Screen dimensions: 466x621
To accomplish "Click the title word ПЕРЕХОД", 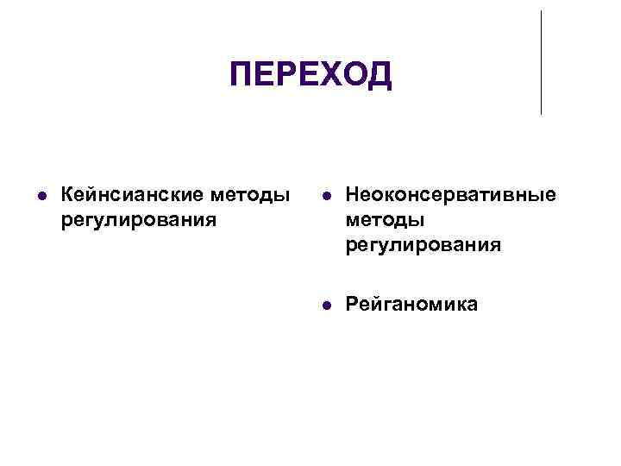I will pyautogui.click(x=310, y=75).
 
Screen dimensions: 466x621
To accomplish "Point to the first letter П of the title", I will pyautogui.click(x=242, y=75).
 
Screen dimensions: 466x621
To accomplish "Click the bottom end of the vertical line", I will pyautogui.click(x=541, y=113).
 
